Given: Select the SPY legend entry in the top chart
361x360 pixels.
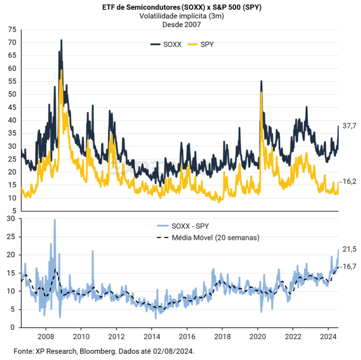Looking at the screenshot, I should click(202, 44).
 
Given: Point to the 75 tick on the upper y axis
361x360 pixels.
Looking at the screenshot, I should click(11, 29).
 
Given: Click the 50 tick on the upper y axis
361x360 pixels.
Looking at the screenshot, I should click(11, 94).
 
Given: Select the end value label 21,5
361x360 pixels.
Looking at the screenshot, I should click(350, 248).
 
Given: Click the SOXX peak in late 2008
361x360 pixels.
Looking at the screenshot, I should click(61, 40).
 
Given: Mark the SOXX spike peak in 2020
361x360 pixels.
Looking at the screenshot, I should click(261, 82).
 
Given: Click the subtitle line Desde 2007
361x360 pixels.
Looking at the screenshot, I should click(180, 25).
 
